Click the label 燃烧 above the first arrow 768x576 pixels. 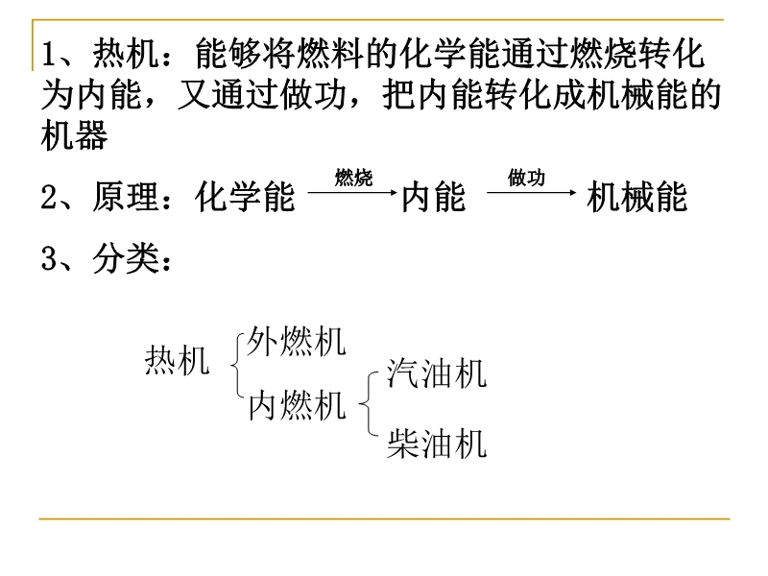tap(353, 178)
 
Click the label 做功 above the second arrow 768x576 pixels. tap(526, 178)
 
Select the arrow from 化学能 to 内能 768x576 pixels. tap(352, 193)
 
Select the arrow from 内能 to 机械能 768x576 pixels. tap(532, 193)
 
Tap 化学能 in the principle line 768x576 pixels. tap(245, 197)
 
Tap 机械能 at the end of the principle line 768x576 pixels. tap(636, 197)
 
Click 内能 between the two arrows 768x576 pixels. tap(434, 197)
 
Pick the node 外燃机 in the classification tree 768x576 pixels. tap(297, 341)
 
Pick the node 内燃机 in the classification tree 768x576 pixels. tap(297, 404)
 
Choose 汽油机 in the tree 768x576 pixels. tap(437, 373)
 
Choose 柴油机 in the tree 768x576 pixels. tap(437, 444)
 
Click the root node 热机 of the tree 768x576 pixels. tap(177, 360)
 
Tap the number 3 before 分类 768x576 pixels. tap(49, 257)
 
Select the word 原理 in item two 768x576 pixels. tap(126, 197)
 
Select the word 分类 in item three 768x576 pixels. tap(126, 257)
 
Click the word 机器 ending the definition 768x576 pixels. tap(75, 134)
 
